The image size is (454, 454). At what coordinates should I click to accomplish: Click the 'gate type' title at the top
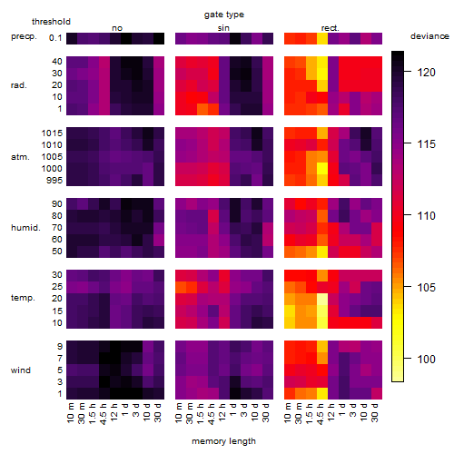(224, 15)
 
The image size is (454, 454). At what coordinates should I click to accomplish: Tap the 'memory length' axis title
(223, 441)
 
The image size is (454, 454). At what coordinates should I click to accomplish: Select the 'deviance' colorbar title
(429, 36)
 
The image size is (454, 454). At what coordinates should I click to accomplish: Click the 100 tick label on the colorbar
(427, 359)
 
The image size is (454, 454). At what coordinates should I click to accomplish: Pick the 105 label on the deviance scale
(427, 287)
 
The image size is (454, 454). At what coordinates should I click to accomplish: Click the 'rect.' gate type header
(331, 28)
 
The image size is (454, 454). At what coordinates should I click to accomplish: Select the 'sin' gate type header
(223, 28)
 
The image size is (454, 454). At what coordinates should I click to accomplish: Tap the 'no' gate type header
(117, 28)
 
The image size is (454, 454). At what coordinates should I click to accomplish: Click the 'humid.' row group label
(25, 228)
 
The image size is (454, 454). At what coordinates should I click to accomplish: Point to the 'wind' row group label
(21, 370)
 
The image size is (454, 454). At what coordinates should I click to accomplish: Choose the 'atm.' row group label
(20, 157)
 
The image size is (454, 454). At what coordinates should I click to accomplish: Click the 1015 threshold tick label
(52, 133)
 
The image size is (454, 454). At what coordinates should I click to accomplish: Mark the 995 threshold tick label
(54, 181)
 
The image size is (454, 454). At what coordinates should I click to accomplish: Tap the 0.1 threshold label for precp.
(55, 38)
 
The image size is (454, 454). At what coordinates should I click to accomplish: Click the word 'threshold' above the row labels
(51, 22)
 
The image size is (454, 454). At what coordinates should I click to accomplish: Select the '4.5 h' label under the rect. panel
(321, 414)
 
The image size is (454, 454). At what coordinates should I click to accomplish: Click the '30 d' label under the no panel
(157, 412)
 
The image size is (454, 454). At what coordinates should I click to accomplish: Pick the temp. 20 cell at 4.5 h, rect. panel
(322, 299)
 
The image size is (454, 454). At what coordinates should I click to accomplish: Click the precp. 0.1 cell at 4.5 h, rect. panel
(322, 38)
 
